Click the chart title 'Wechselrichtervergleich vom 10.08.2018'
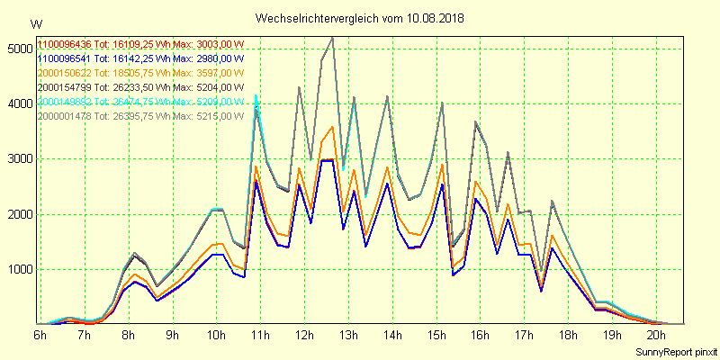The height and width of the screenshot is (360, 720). (x=361, y=18)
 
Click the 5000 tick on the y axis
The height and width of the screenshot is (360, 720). (x=18, y=49)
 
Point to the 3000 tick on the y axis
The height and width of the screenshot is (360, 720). (x=18, y=159)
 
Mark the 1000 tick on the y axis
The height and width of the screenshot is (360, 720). (x=18, y=270)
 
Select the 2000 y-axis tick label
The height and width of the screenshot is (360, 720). (x=18, y=215)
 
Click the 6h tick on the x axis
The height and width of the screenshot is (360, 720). (x=40, y=335)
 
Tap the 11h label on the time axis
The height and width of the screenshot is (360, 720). (x=260, y=335)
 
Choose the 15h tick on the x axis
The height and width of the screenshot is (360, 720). (x=436, y=335)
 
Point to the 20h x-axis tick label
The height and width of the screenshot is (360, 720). (x=657, y=335)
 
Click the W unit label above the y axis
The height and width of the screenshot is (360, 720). (x=35, y=24)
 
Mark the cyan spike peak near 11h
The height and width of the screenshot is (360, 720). (x=256, y=95)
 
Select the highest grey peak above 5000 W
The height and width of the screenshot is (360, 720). (x=333, y=37)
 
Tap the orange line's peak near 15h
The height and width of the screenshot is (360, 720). (x=442, y=165)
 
